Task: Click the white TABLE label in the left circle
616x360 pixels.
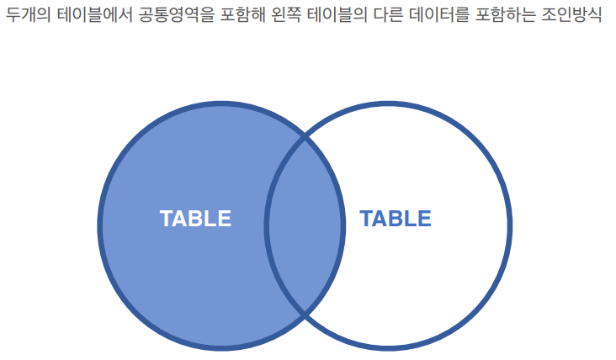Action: pos(195,219)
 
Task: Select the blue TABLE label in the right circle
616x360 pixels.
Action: pos(396,219)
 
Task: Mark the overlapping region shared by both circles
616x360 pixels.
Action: pos(305,225)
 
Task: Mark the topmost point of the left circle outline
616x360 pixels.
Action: pos(221,103)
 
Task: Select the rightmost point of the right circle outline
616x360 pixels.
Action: pos(510,225)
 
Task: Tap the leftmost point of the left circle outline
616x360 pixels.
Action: pos(99,225)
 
